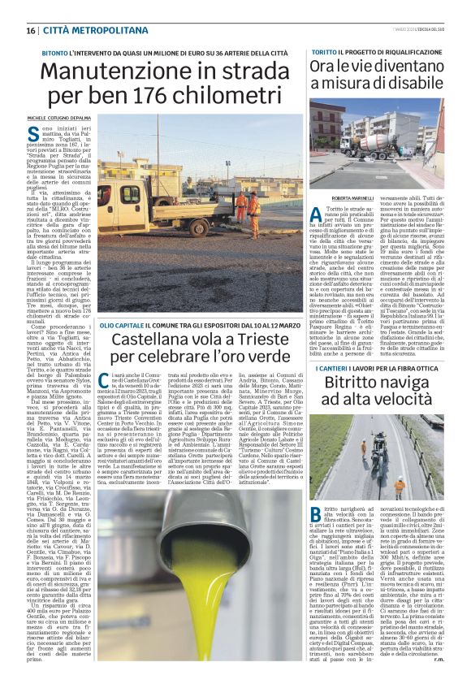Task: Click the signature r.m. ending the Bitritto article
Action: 439,658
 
